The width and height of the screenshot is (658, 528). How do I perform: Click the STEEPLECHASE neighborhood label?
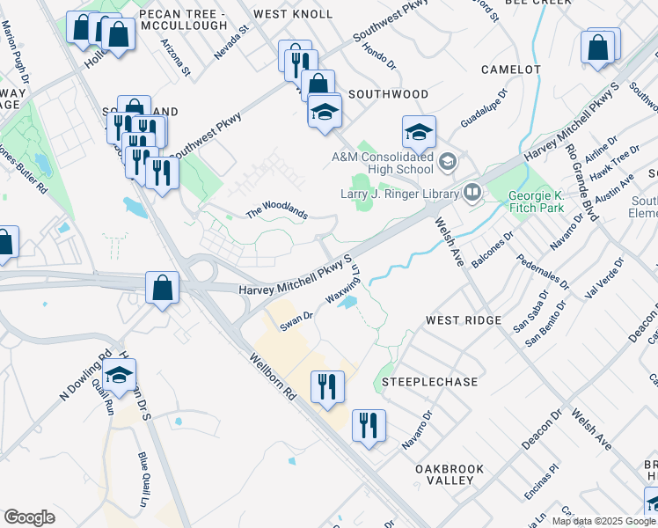pos(431,382)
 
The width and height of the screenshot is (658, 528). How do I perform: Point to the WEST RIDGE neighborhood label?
pos(463,320)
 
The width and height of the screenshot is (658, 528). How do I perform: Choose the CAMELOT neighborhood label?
pos(510,69)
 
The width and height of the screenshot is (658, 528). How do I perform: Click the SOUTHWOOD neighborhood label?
pos(388,94)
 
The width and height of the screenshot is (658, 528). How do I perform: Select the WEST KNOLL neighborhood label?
pos(293,14)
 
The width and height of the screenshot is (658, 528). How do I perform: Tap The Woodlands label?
pos(276,212)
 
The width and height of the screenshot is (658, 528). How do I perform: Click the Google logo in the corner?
pos(29,517)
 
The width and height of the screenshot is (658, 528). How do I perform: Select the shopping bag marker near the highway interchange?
pos(163,287)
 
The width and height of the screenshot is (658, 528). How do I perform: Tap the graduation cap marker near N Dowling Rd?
pos(120,376)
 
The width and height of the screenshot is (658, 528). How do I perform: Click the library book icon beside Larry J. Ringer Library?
pos(472,191)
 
